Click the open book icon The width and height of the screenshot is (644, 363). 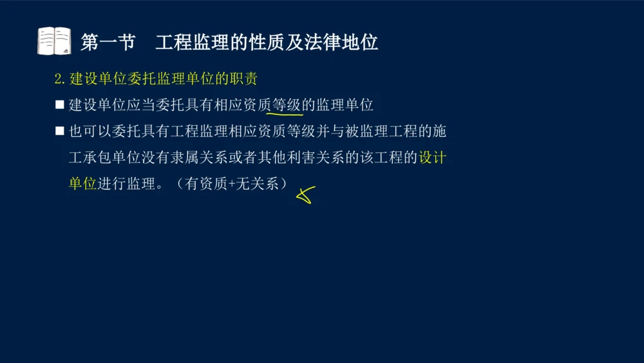(54, 41)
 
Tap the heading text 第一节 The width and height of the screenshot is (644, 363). (108, 43)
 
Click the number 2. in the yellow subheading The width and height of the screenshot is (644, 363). (60, 79)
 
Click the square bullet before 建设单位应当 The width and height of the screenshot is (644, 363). (59, 104)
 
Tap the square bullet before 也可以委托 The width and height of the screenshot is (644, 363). (59, 131)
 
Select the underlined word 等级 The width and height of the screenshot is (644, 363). (287, 104)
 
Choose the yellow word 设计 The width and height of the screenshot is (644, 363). (433, 157)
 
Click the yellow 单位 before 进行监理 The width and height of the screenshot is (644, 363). (82, 184)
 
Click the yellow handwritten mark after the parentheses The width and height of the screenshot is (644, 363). (305, 194)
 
